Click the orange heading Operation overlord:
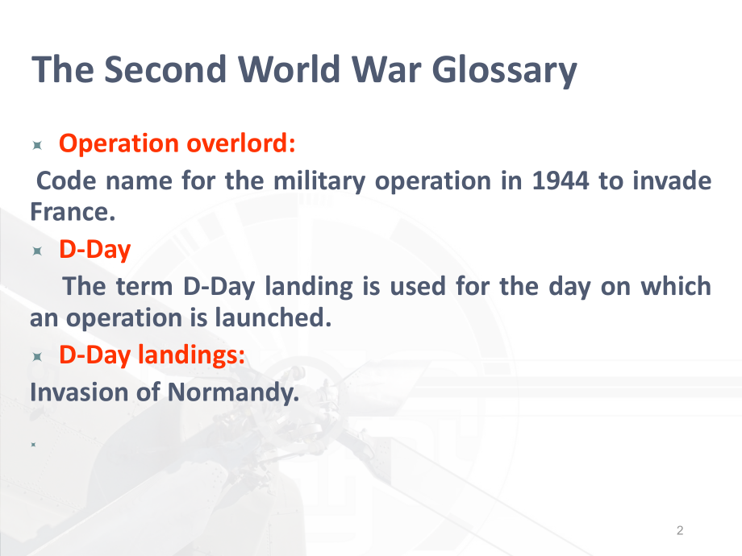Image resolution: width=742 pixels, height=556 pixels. tap(178, 143)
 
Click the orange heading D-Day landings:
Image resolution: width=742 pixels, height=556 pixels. tap(152, 355)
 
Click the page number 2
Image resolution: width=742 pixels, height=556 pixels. tap(680, 530)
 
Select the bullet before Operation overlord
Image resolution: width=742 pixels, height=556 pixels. tap(37, 146)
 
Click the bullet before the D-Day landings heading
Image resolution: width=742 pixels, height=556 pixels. tap(37, 358)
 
